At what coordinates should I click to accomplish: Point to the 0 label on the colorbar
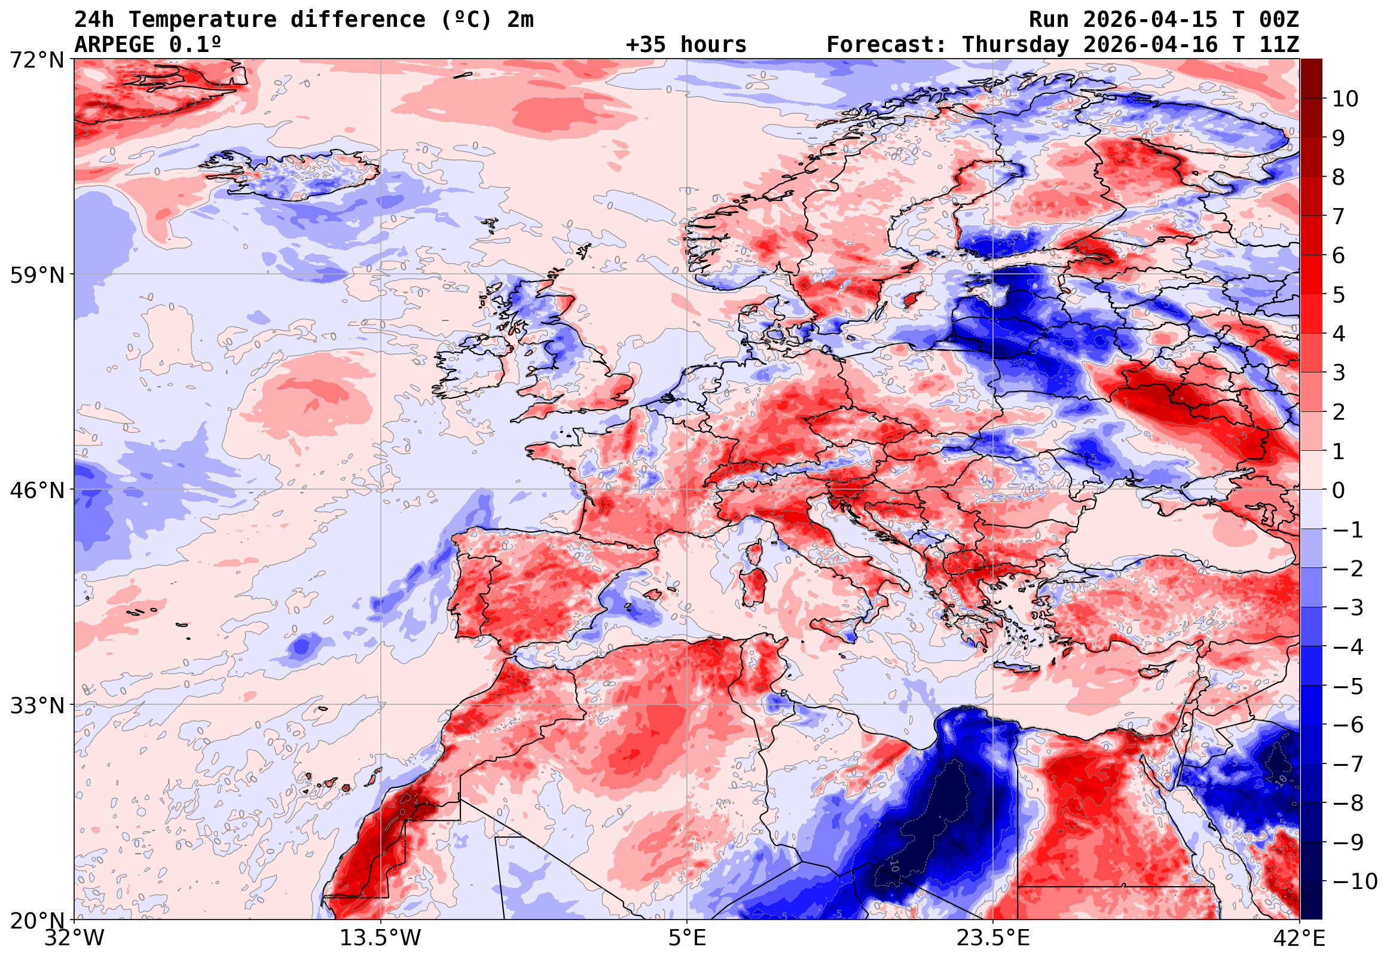point(1339,490)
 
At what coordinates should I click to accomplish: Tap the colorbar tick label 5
point(1339,295)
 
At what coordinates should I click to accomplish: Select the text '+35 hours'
point(686,44)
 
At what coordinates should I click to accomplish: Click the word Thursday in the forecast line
point(1015,44)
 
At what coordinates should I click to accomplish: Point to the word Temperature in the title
point(203,19)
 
